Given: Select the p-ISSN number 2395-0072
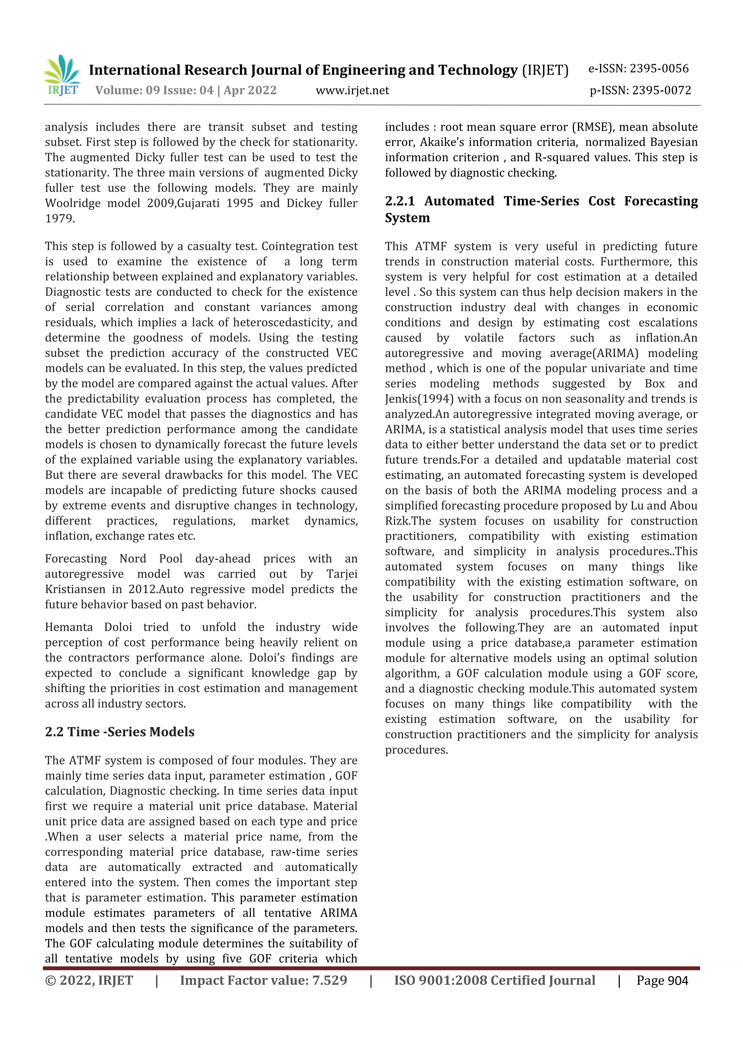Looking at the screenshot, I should pos(661,90).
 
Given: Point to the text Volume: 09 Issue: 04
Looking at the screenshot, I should pos(154,90).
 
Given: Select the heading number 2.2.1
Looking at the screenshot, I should pos(400,201).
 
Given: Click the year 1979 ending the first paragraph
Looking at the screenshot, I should pos(59,218).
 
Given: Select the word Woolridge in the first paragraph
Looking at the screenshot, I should pos(72,203).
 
